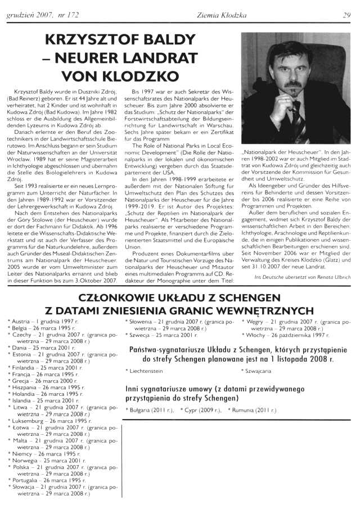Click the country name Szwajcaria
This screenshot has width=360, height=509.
tap(257, 371)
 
